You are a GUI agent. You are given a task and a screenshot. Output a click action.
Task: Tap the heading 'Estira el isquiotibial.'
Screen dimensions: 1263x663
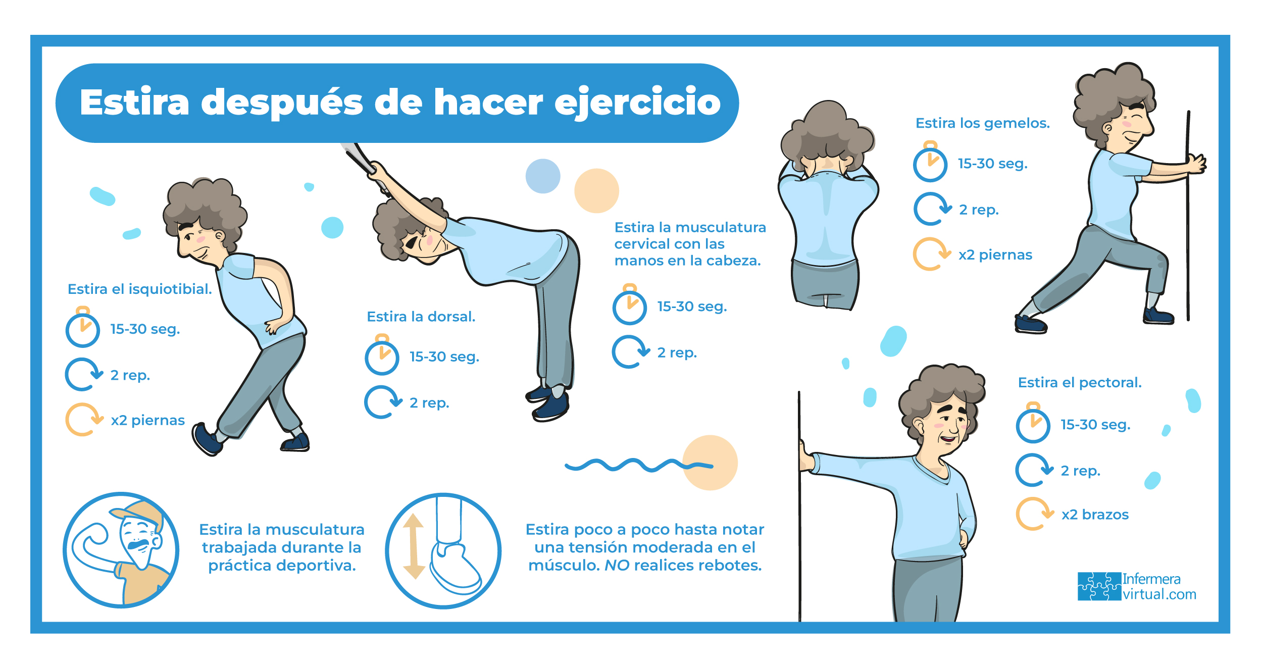(x=140, y=289)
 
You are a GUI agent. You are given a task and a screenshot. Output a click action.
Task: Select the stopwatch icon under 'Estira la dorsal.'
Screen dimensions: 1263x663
(x=382, y=354)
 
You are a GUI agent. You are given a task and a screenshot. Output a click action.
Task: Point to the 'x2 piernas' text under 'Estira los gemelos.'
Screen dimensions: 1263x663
(x=995, y=255)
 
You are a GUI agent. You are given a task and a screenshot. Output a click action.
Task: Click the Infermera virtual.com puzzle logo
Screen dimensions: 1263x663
(x=1099, y=586)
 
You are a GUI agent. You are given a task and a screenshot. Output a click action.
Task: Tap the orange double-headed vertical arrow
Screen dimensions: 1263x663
(x=414, y=546)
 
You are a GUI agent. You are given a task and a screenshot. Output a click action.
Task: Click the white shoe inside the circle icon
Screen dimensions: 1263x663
(x=454, y=568)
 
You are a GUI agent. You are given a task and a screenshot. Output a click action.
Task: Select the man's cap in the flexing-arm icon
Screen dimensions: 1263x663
(x=138, y=513)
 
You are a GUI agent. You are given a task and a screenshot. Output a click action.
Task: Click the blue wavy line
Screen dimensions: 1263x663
(x=639, y=465)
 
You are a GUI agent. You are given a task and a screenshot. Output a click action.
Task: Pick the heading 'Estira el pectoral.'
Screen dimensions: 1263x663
(x=1080, y=383)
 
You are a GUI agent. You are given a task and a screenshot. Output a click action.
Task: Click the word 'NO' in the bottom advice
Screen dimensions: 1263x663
(x=617, y=565)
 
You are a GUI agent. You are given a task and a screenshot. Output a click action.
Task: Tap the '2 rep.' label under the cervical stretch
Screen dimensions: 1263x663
(x=677, y=352)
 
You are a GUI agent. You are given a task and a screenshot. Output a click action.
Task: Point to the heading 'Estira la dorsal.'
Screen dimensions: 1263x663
(x=421, y=317)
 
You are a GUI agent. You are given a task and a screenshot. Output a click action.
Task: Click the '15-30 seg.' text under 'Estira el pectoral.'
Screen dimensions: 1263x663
(x=1095, y=425)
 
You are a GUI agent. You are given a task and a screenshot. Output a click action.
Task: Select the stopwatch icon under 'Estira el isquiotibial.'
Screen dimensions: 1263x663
(x=83, y=327)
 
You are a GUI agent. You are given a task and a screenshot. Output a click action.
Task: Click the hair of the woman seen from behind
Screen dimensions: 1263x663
(x=827, y=134)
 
